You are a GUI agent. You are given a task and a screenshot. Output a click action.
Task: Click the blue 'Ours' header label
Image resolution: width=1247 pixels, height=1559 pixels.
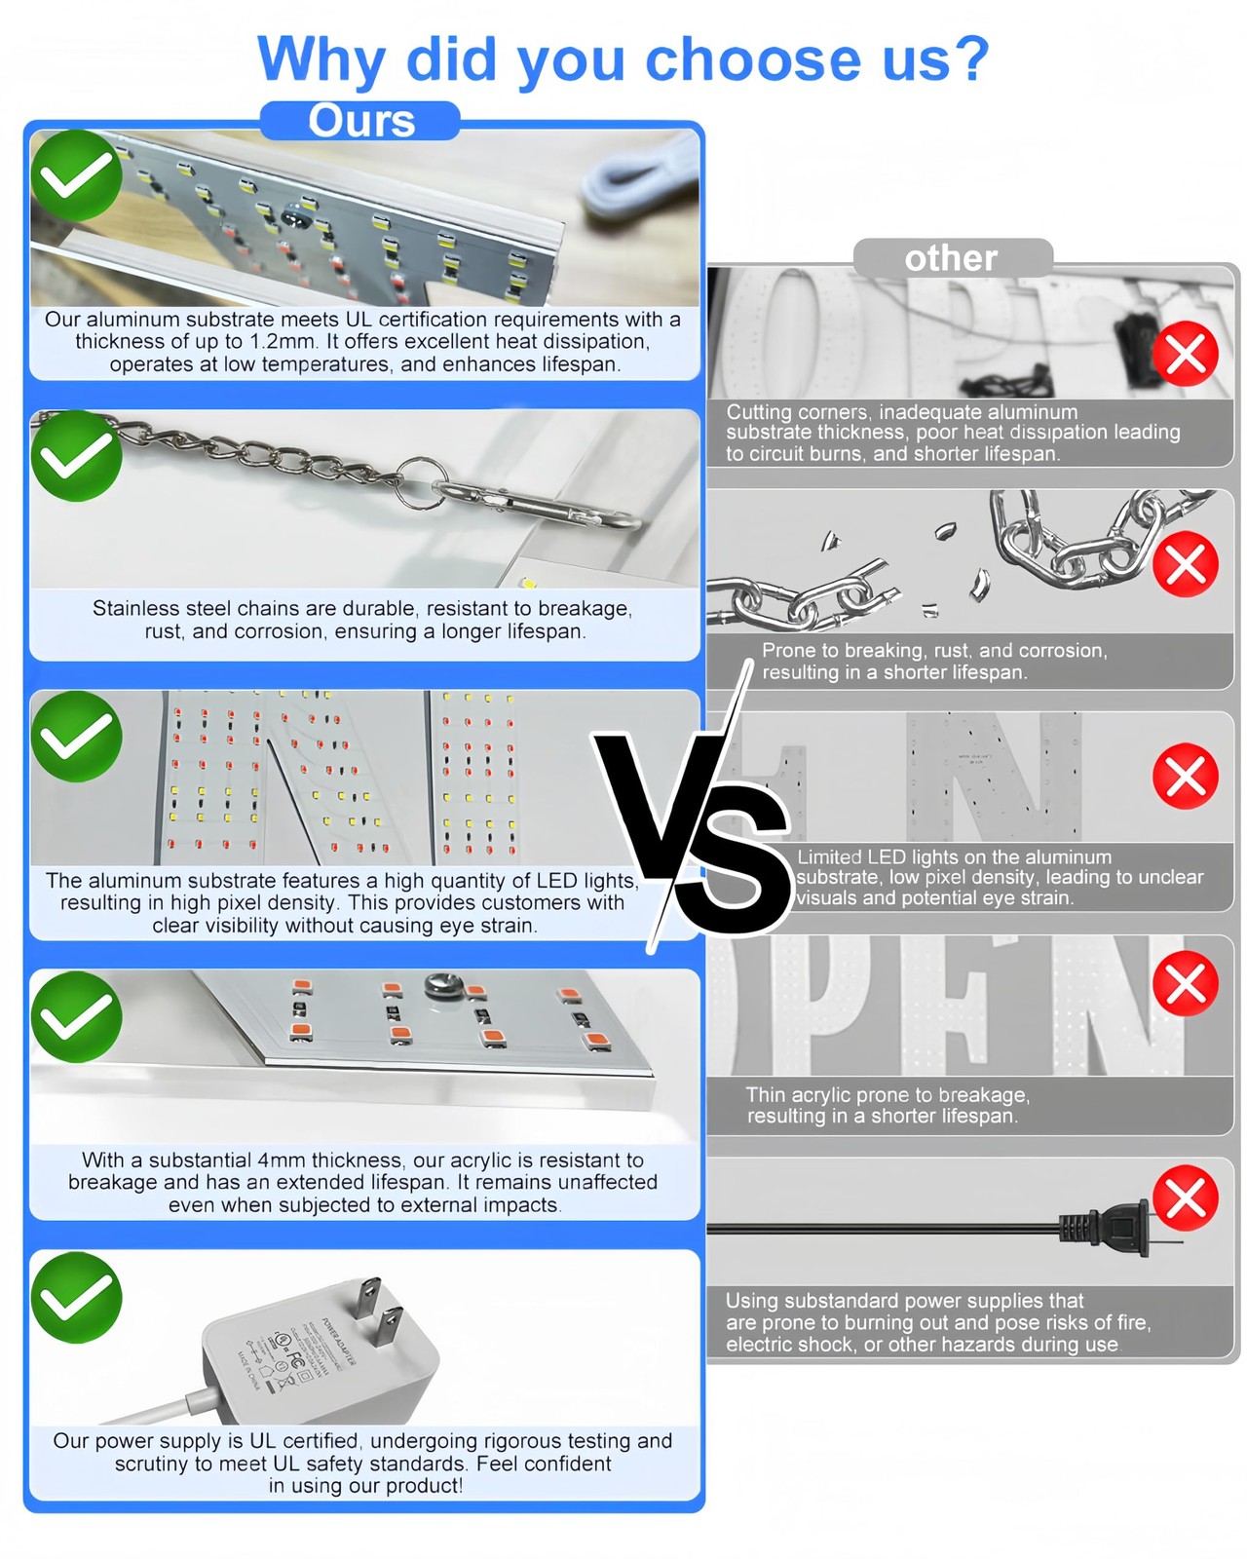(360, 120)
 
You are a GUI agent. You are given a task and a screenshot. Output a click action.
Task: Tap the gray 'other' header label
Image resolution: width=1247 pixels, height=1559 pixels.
(952, 258)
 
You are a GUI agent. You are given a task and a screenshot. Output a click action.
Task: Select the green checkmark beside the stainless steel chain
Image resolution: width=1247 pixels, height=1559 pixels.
(76, 456)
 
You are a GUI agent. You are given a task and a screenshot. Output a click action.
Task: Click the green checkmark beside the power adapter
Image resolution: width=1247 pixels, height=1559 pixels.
(76, 1298)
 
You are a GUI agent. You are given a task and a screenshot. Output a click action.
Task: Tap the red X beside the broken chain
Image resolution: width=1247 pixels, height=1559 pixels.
(1186, 564)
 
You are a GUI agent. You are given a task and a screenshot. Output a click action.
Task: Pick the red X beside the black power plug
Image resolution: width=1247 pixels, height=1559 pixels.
(1186, 1198)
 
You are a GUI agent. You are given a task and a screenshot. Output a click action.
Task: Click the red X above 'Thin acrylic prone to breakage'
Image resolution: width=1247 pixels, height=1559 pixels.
(1186, 983)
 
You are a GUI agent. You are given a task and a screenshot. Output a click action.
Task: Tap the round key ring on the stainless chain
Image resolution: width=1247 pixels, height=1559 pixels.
(421, 483)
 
